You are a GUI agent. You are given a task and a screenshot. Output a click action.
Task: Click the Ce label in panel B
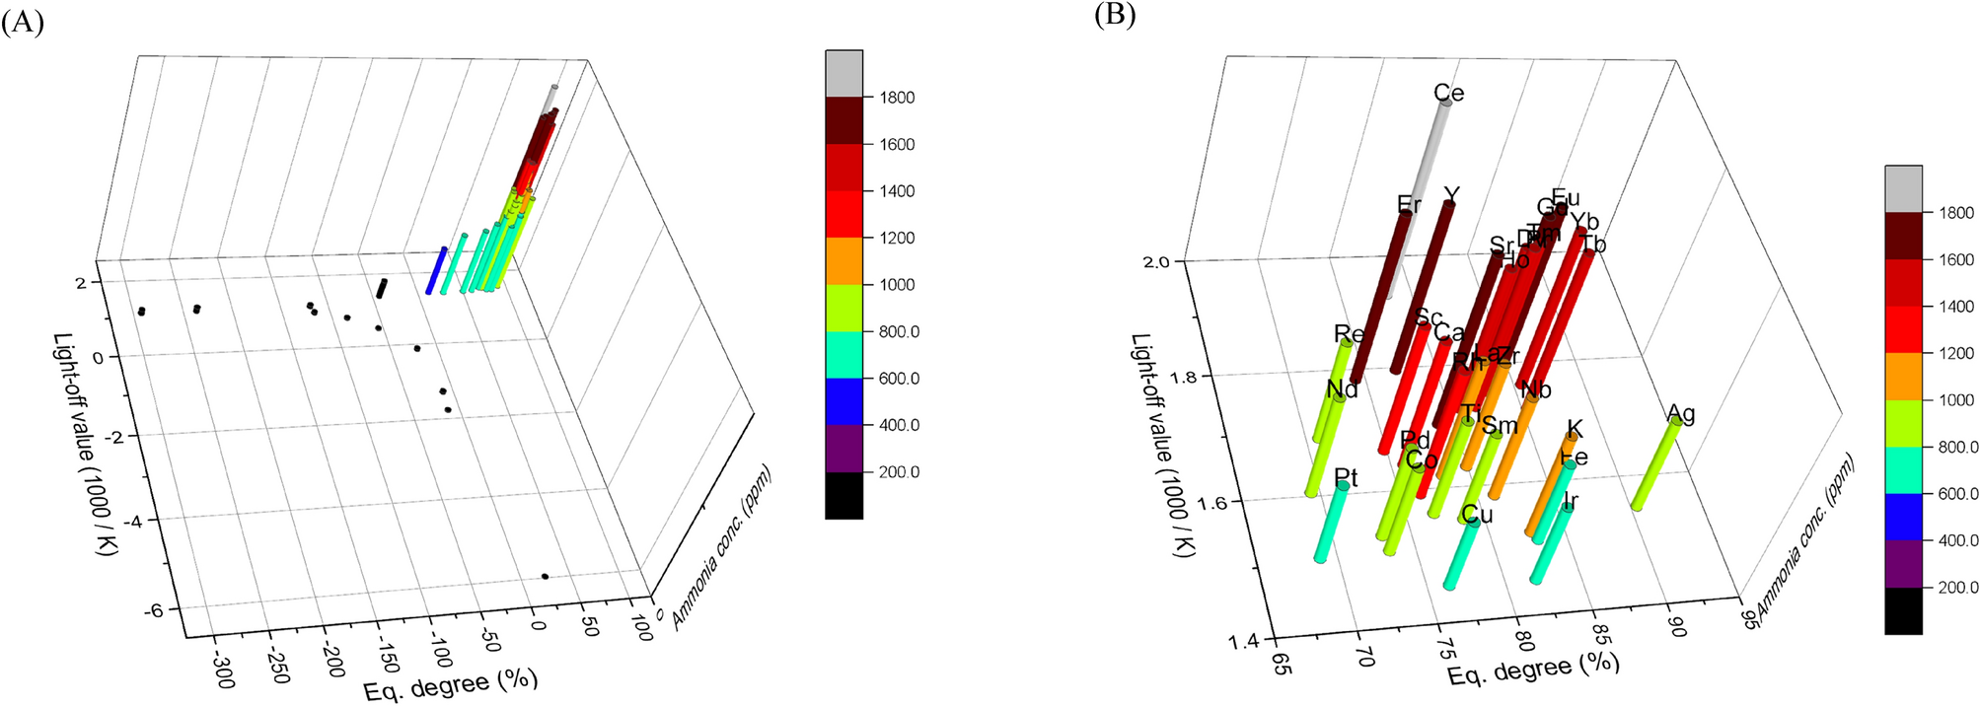(1448, 94)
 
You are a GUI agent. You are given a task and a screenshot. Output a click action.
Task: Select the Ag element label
(1681, 413)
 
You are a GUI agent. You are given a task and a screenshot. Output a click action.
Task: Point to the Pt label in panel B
(1346, 478)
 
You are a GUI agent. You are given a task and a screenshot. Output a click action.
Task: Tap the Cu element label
(1477, 515)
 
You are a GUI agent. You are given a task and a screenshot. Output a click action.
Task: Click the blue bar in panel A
(436, 269)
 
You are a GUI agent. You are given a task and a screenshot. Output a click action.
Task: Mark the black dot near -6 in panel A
(545, 576)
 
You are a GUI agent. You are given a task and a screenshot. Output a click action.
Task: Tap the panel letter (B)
(1115, 16)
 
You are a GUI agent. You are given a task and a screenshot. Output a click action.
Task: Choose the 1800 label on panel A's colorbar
(897, 98)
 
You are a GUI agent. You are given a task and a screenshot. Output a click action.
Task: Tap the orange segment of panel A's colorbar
(843, 260)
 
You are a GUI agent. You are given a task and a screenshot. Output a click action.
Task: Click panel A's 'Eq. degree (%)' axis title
(451, 684)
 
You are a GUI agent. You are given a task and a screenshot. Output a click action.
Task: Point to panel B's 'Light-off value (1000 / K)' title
(1161, 445)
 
